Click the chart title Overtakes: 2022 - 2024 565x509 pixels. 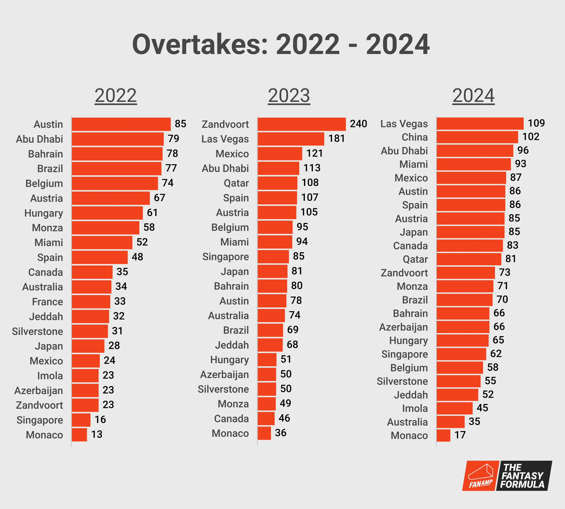(x=281, y=44)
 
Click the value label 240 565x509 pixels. (x=358, y=124)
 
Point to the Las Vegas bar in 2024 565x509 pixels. (x=480, y=123)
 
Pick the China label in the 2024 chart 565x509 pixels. (x=415, y=137)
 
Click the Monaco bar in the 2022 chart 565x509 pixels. (x=79, y=435)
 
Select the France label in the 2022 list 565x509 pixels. (x=47, y=302)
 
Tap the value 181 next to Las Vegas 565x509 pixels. (x=336, y=138)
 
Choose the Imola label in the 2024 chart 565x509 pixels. (x=415, y=408)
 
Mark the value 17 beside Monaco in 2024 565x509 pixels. (x=460, y=435)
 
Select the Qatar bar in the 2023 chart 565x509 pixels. (x=277, y=183)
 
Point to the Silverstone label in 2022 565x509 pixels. (x=37, y=331)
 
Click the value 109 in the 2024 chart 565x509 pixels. (x=536, y=123)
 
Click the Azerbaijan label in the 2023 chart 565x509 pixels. (x=224, y=374)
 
